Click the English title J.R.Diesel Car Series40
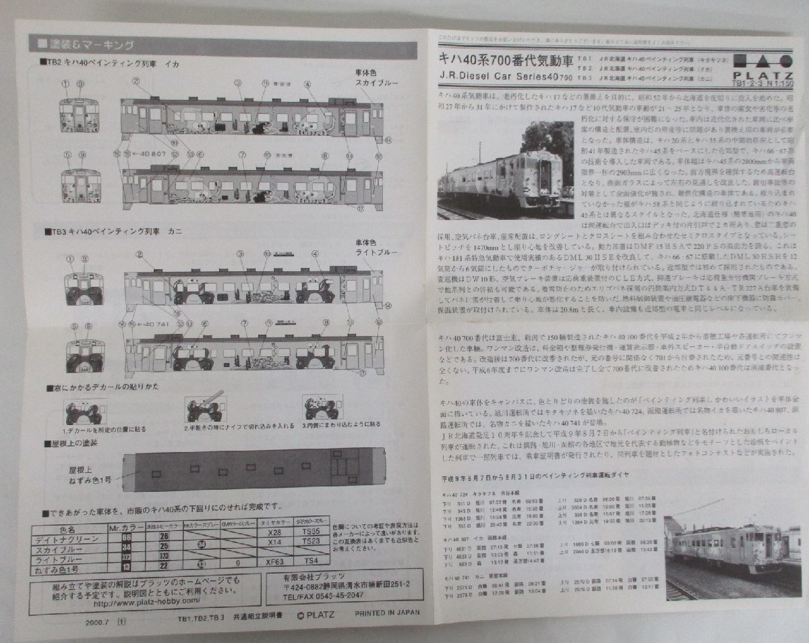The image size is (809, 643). point(505,77)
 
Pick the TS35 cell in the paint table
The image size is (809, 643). point(311,532)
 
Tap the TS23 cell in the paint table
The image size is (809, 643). point(311,542)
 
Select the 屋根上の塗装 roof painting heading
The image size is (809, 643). point(75,443)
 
